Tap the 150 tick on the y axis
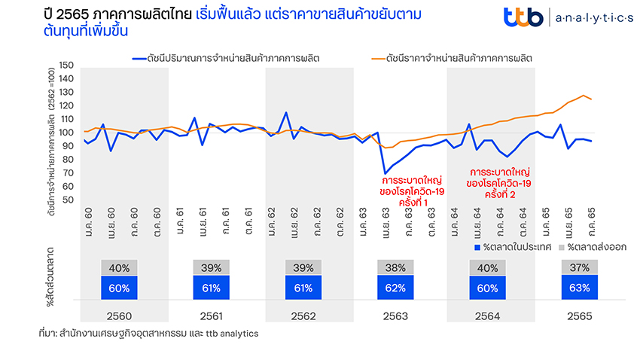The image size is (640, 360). (x=65, y=66)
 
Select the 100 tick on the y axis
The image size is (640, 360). (x=65, y=133)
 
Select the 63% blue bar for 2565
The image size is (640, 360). (x=580, y=287)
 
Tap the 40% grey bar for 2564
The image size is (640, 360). (x=488, y=267)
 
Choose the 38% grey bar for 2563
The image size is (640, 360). (x=396, y=267)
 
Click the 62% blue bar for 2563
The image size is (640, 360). (x=396, y=288)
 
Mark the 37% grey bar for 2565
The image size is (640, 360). (x=580, y=267)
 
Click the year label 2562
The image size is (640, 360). (x=304, y=314)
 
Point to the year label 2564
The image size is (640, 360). (x=488, y=314)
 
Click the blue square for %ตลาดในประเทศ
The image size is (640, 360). (x=476, y=246)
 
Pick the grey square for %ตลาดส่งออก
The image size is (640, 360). (x=561, y=246)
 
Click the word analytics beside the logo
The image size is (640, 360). (x=594, y=17)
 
